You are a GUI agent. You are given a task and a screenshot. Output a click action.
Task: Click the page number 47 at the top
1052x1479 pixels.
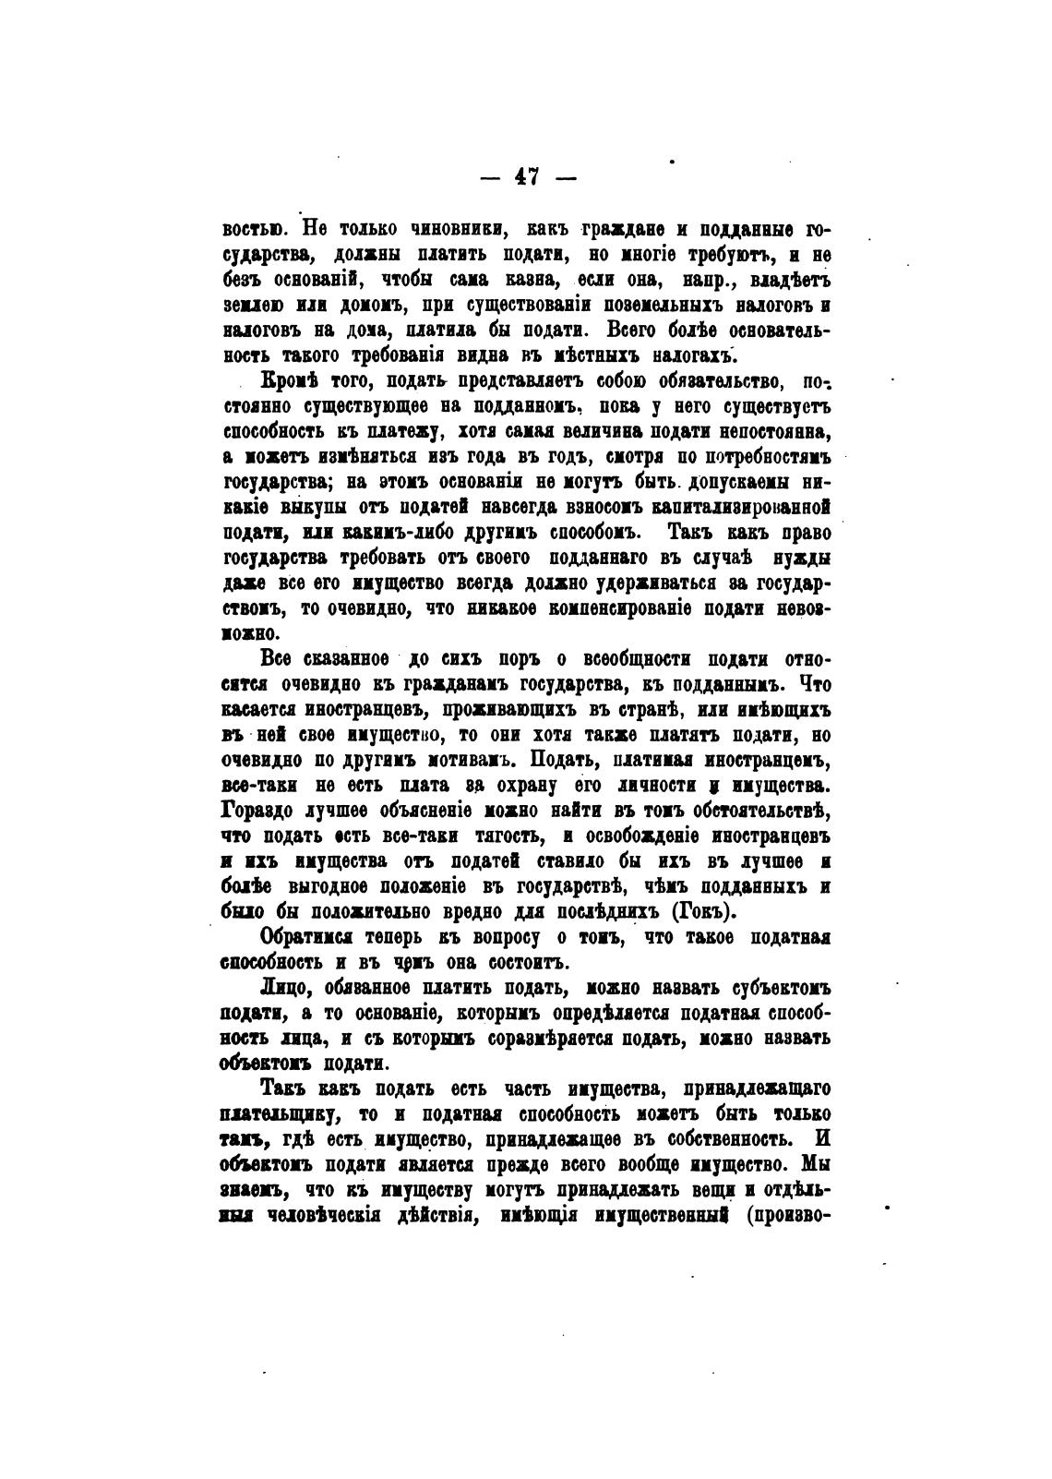pos(527,175)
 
